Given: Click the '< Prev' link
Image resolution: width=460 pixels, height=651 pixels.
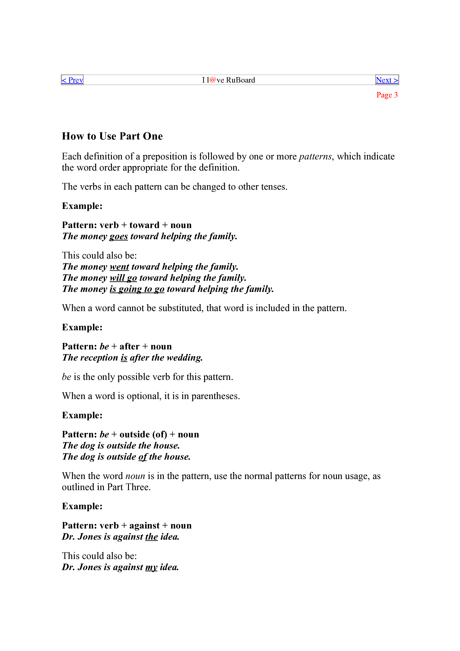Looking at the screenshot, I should (72, 80).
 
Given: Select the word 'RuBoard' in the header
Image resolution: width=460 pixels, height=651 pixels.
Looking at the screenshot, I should (241, 80).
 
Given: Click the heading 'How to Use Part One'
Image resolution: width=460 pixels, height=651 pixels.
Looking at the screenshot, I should (112, 136).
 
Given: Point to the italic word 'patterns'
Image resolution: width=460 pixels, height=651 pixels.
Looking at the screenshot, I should (315, 156).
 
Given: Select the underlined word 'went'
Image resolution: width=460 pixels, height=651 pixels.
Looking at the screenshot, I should (119, 267).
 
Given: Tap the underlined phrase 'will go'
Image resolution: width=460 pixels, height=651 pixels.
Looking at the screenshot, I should (123, 278).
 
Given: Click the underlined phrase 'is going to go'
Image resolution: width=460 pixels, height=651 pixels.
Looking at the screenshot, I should (137, 289).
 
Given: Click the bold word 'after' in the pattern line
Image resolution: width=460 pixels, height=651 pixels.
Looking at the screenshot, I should (129, 346).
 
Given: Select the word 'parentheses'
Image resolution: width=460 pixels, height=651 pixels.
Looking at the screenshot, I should (215, 396).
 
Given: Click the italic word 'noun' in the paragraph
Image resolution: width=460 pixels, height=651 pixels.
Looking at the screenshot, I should (135, 476).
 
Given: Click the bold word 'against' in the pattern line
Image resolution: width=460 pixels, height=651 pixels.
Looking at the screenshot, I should (145, 526).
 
